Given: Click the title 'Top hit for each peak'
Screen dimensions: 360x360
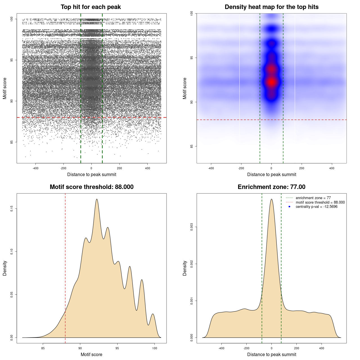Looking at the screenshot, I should coord(91,7).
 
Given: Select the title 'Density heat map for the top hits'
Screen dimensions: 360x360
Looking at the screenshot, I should coord(271,7).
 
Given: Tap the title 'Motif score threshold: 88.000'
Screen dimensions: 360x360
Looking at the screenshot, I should coord(91,187).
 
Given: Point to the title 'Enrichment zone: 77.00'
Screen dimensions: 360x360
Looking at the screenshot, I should coord(271,187).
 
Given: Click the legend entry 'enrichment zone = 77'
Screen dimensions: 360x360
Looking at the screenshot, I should coord(313,198).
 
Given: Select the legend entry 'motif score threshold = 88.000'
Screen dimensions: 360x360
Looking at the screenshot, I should coord(320,202).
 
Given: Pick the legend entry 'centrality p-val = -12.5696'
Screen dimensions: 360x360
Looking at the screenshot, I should coord(316,207).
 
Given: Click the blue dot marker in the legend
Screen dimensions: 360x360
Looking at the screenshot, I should coord(289,207).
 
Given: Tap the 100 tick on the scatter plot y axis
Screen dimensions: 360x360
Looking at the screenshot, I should coord(12,19).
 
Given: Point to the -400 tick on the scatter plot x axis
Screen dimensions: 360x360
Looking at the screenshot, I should coord(35,168).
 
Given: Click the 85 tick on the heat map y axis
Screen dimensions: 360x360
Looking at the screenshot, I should coord(192,146).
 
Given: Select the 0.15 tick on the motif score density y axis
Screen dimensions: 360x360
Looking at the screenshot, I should coord(12,209).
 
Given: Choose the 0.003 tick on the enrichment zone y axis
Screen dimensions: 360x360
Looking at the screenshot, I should coord(192,227).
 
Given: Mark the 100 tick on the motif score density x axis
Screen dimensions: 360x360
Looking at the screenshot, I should coord(154,348).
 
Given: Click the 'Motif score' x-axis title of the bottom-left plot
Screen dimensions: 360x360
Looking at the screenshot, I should coord(91,354).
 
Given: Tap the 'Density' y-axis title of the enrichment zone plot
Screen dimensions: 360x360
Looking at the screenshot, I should coord(185,268).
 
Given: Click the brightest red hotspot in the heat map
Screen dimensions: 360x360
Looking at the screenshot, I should coord(271,82).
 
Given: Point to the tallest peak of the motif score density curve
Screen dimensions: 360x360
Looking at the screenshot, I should coord(97,199).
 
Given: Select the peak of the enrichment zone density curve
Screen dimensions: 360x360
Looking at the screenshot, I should coord(271,199).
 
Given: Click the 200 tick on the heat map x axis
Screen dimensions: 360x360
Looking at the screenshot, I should coord(301,168).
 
